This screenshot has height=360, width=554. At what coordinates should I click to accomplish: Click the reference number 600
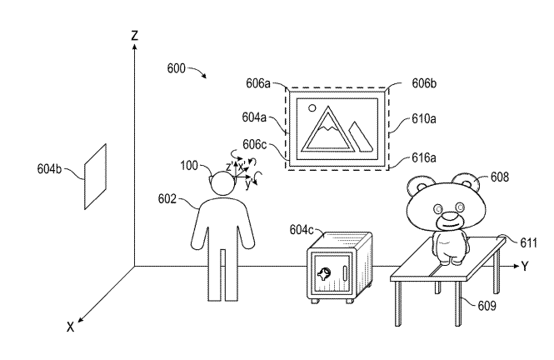[x=176, y=67]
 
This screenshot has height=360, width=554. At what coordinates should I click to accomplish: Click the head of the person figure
[x=222, y=183]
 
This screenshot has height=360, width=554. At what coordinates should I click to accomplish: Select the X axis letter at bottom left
[x=70, y=327]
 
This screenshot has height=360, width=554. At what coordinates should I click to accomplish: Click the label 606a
[x=258, y=85]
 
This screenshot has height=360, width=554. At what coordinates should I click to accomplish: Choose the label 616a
[x=423, y=156]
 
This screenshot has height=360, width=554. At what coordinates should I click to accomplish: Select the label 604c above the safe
[x=302, y=229]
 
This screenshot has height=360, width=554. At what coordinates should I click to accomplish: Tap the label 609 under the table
[x=485, y=306]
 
